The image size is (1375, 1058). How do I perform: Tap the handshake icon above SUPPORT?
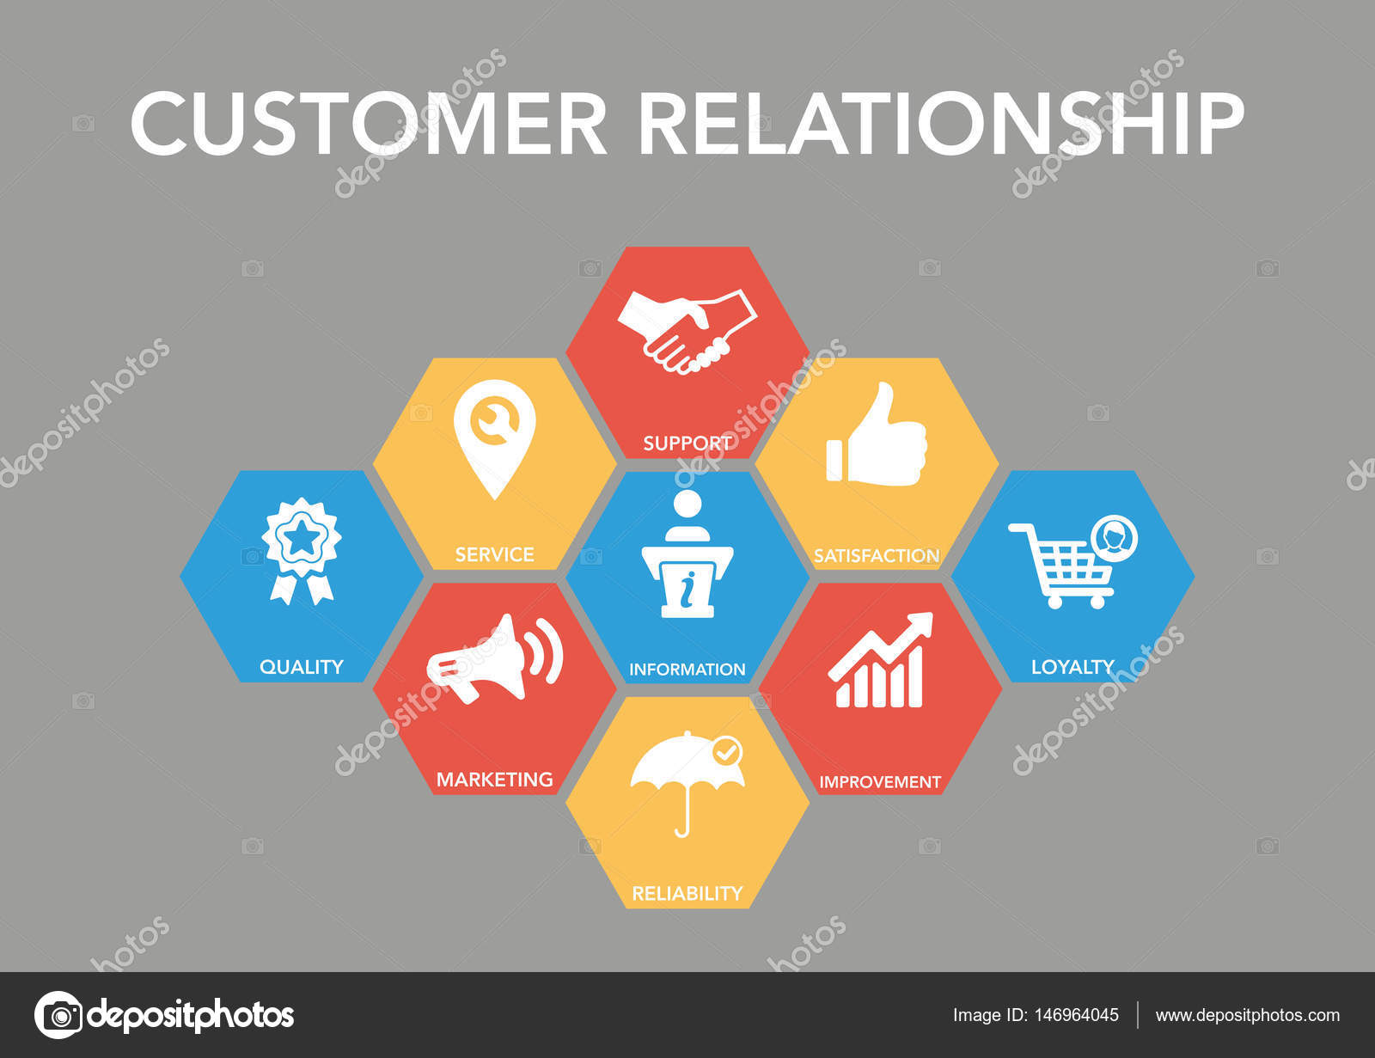point(687,331)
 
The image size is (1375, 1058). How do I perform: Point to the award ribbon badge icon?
point(302,551)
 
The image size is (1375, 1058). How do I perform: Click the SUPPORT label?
point(687,443)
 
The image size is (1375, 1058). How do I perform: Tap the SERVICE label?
point(494,555)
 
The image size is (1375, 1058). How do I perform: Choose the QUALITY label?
point(302,667)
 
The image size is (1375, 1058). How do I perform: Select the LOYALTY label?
point(1072,667)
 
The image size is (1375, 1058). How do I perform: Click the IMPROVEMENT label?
point(880,782)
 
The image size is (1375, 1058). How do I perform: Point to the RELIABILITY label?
point(687,894)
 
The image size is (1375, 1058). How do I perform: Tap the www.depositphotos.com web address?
point(1247,1016)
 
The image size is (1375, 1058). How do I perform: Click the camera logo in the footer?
point(58,1015)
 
